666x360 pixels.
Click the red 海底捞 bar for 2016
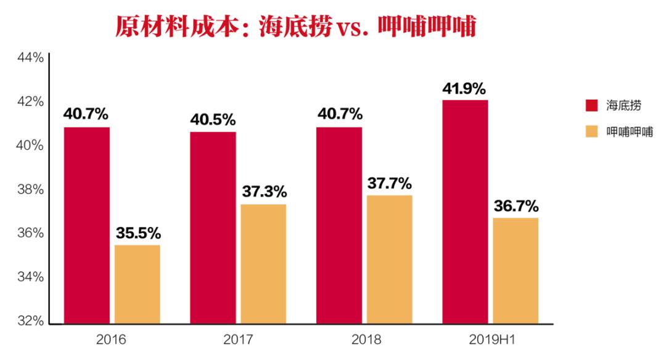[86, 225]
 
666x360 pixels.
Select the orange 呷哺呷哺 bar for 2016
[137, 284]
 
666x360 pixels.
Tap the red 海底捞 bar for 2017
[213, 227]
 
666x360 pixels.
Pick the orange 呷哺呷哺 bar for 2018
[389, 259]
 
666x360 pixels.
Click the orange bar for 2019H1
[516, 271]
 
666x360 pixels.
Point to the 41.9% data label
[465, 89]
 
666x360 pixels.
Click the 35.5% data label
[138, 234]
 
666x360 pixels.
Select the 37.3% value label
[263, 192]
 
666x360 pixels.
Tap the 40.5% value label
[213, 120]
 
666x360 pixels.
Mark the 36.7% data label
[516, 206]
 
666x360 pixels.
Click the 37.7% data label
[389, 184]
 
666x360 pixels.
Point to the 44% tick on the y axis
[30, 57]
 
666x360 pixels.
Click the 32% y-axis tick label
[30, 321]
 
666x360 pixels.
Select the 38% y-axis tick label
[30, 189]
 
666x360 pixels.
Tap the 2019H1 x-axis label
[491, 340]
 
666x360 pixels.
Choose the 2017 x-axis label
[237, 340]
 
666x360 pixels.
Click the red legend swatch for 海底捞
[591, 105]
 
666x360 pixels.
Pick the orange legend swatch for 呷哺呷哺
[591, 131]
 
